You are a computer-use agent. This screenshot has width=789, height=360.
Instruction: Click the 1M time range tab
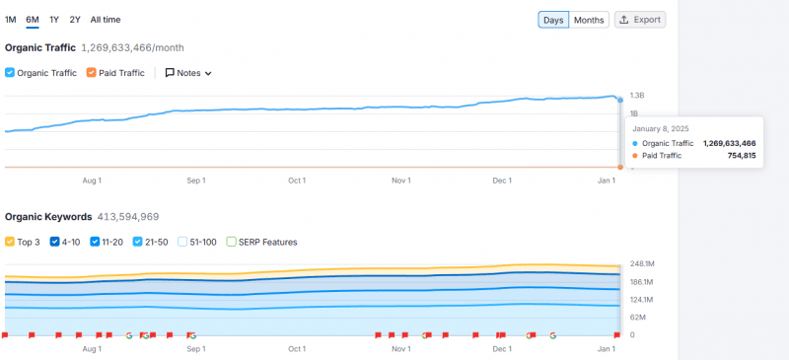coord(10,20)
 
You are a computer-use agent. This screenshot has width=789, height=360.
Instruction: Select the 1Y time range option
coord(53,20)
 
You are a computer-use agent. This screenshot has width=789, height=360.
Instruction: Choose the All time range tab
coord(105,20)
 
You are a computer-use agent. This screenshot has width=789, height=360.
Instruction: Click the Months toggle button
coord(589,20)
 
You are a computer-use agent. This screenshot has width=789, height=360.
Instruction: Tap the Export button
coord(640,20)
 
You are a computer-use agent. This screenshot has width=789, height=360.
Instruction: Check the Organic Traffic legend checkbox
coord(10,73)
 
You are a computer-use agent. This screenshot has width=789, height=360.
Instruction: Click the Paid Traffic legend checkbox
coord(92,73)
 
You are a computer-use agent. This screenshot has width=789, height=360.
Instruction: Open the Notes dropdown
coord(188,73)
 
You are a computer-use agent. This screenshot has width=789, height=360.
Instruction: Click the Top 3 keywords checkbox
coord(10,242)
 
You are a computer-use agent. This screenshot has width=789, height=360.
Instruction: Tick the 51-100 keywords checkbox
coord(182,242)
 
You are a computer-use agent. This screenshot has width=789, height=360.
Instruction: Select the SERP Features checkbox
coord(231,242)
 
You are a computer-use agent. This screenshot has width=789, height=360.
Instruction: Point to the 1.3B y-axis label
coord(637,96)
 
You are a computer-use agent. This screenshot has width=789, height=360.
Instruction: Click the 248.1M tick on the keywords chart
coord(642,263)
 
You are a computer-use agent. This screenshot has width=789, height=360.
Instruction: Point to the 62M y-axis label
coord(638,318)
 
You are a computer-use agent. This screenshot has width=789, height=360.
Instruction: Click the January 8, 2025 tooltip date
coord(660,129)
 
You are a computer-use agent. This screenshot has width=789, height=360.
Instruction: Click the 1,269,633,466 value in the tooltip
coord(729,143)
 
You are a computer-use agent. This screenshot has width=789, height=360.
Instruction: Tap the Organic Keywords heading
coord(48,217)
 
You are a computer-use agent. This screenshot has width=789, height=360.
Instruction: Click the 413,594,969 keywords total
coord(128,217)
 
